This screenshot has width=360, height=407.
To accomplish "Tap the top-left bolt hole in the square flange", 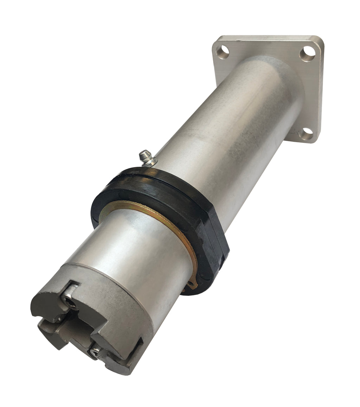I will click(x=222, y=52).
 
